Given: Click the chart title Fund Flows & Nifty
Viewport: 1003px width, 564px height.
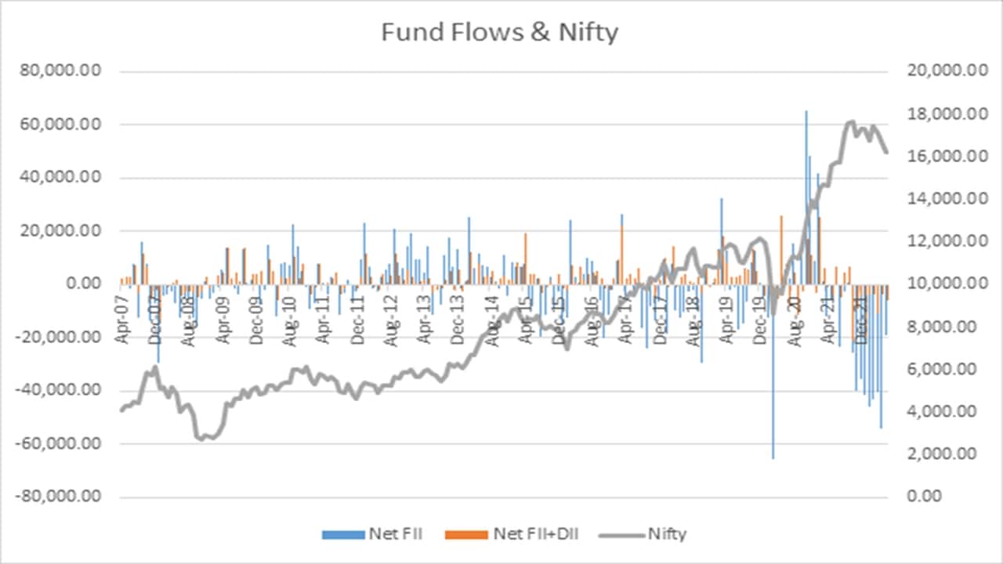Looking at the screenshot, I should [500, 33].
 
